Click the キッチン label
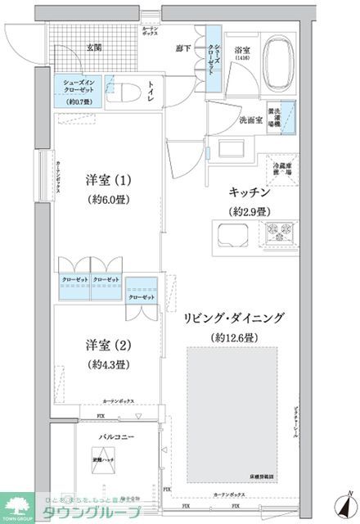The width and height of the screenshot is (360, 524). (250, 194)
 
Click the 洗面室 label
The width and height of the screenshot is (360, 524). (250, 120)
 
